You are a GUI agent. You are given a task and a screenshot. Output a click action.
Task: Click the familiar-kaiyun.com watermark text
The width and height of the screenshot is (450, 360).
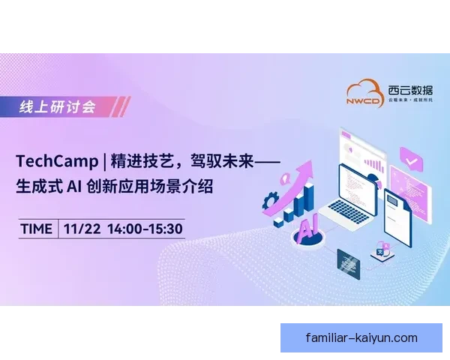click(361, 337)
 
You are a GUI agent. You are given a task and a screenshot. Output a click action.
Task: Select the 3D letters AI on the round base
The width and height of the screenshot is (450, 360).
click(308, 229)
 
